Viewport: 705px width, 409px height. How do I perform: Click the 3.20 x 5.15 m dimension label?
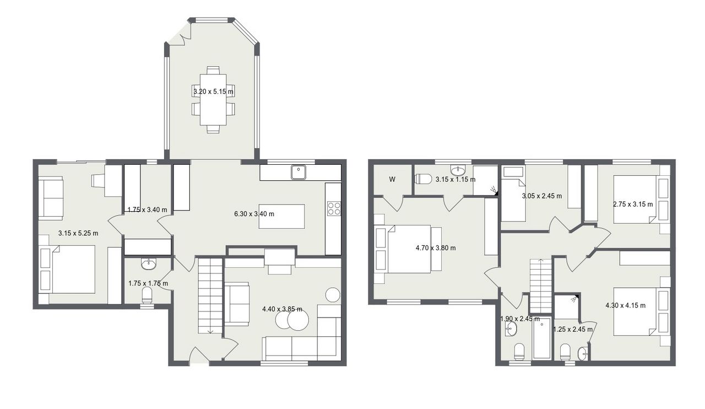213,92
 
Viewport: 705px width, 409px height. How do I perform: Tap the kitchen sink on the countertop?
299,172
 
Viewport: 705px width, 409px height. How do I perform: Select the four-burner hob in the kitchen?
334,208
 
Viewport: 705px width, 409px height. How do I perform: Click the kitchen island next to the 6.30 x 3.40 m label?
281,216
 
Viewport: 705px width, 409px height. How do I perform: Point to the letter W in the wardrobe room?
392,180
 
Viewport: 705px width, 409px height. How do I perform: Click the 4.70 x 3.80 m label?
436,248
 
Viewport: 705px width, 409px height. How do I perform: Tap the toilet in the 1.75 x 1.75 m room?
147,295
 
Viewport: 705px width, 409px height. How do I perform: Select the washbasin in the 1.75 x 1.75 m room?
148,263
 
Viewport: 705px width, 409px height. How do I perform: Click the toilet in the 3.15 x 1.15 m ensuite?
423,179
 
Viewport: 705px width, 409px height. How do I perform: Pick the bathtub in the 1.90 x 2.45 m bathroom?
541,338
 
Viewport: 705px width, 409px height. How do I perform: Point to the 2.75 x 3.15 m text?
633,204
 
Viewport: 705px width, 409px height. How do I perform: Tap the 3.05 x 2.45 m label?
542,196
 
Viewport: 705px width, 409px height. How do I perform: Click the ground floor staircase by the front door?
210,296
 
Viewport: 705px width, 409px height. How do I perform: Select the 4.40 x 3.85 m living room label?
283,309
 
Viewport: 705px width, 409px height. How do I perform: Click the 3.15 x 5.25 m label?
78,234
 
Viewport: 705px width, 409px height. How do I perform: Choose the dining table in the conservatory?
213,100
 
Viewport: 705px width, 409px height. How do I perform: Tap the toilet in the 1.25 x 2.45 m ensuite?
565,352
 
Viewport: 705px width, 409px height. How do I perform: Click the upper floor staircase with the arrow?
541,286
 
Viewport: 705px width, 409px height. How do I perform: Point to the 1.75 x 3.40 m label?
147,210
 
